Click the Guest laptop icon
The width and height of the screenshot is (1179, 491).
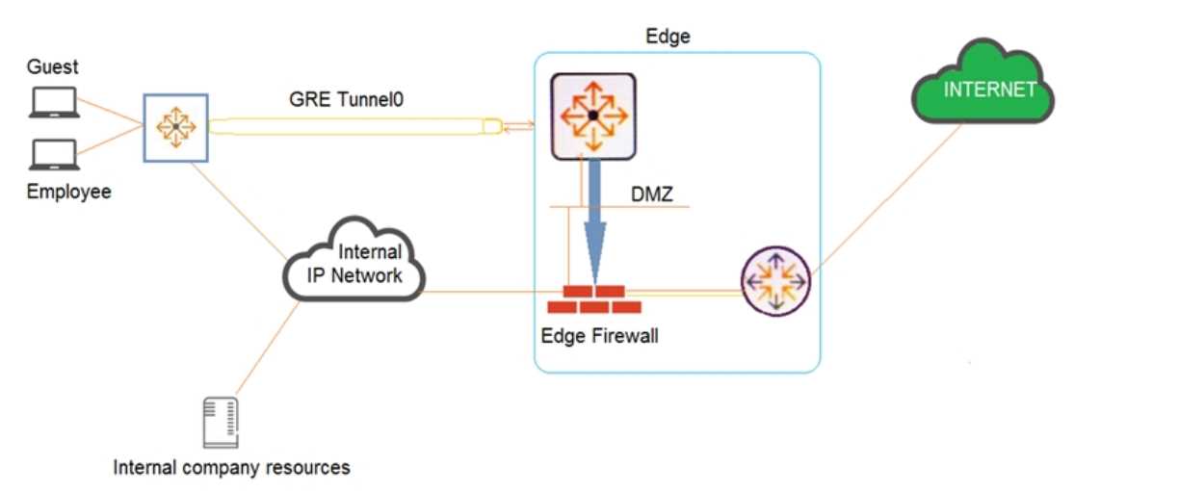pyautogui.click(x=54, y=102)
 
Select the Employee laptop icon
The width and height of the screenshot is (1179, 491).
pyautogui.click(x=54, y=155)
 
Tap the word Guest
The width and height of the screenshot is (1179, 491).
pyautogui.click(x=53, y=67)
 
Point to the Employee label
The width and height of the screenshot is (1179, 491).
pyautogui.click(x=69, y=192)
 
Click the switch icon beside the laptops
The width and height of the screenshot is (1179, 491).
pyautogui.click(x=175, y=126)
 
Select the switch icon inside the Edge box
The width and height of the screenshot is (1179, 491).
pyautogui.click(x=592, y=116)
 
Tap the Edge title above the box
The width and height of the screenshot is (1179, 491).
pyautogui.click(x=668, y=37)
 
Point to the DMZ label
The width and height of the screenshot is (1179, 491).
pyautogui.click(x=652, y=194)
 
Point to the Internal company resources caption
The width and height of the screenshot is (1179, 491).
pyautogui.click(x=231, y=469)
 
